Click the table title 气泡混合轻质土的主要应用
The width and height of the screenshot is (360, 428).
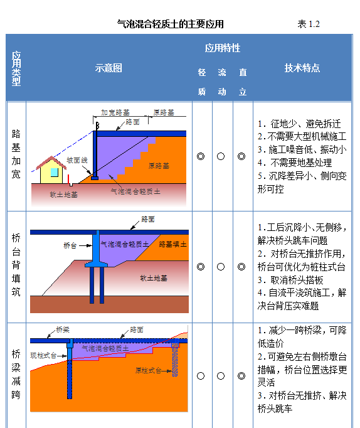click(171, 24)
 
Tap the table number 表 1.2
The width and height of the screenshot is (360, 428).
click(309, 24)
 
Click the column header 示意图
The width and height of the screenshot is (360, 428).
click(109, 68)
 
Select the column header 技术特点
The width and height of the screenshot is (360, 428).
click(302, 68)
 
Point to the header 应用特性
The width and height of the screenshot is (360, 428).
click(223, 48)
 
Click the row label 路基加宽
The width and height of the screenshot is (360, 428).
click(16, 154)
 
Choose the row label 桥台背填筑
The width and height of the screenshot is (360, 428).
click(16, 265)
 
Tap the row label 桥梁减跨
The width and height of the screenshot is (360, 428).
click(16, 374)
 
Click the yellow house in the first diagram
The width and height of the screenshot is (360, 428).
click(51, 170)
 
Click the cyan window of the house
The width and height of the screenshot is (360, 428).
click(55, 172)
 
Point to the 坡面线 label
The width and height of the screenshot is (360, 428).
click(77, 160)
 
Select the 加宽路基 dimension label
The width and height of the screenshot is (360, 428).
click(115, 112)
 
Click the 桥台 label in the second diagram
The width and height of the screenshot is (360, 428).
click(70, 245)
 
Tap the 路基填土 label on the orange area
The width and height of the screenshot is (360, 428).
click(173, 244)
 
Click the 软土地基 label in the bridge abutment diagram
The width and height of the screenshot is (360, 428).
click(154, 278)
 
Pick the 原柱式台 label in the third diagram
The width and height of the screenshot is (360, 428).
click(149, 370)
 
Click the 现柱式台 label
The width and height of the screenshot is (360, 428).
click(43, 355)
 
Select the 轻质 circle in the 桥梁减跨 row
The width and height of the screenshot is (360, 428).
click(201, 376)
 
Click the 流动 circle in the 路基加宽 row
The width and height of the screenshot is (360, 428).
click(221, 156)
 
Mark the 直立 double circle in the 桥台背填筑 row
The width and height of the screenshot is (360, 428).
click(241, 267)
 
